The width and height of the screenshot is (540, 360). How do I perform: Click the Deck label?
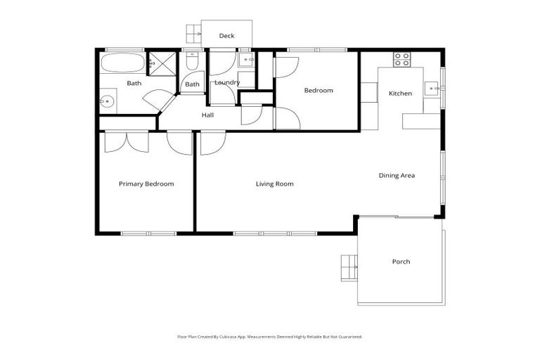226,36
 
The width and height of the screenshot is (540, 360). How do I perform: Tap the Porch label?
401,262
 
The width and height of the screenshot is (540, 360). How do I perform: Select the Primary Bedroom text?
146,184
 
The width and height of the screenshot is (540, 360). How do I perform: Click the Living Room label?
274,184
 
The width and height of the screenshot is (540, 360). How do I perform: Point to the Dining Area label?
397,176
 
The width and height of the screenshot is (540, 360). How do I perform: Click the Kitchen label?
400,94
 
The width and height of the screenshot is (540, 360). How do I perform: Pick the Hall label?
207,115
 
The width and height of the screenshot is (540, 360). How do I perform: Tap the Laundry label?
227,82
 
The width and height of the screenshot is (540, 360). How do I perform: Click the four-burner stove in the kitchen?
401,59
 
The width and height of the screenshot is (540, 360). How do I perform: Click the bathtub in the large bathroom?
122,63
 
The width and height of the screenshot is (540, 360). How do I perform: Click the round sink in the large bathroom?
107,101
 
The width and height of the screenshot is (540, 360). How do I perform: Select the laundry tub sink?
247,60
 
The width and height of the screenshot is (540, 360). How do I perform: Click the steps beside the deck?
193,33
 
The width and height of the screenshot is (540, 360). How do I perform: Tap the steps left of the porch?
349,266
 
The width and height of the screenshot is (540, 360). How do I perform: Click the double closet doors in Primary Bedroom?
127,141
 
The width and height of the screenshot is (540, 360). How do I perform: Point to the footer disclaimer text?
269,337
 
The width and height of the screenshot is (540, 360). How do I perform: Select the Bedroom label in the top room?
318,90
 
